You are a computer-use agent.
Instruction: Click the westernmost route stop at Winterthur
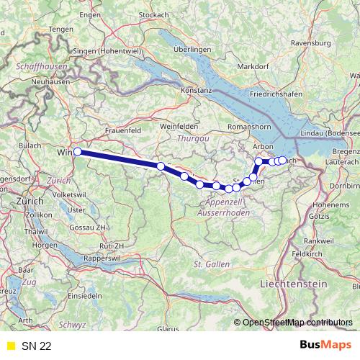coord(77,152)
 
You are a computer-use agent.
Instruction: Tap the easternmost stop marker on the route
coord(282,160)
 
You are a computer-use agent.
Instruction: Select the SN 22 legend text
coord(36,346)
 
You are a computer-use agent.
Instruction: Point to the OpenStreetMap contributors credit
coord(297,322)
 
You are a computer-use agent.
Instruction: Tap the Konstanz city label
coord(196,91)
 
